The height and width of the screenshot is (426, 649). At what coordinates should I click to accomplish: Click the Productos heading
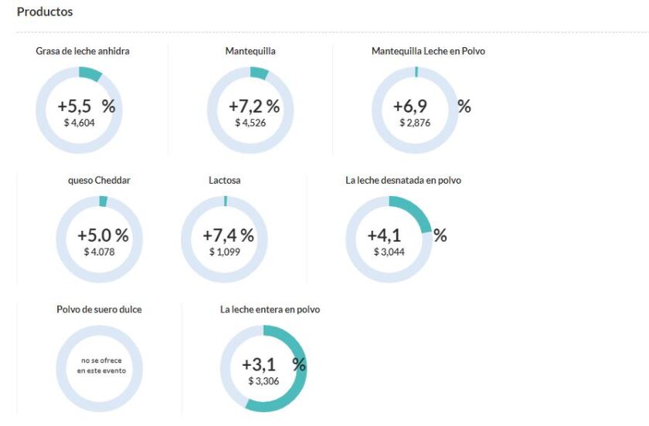(x=45, y=12)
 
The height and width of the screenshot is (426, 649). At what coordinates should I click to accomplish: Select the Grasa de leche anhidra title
(x=83, y=51)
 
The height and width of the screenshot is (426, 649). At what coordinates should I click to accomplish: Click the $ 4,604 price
(x=79, y=122)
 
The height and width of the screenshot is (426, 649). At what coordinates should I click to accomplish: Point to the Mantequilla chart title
(x=250, y=51)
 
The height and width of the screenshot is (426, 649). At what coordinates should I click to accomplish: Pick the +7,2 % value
(x=254, y=106)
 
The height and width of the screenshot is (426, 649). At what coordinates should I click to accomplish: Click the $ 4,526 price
(x=250, y=122)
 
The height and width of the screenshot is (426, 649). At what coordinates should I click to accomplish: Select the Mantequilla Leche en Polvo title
(x=428, y=51)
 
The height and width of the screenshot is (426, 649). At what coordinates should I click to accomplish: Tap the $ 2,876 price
(x=415, y=122)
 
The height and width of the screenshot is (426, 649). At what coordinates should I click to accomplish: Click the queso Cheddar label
(x=99, y=180)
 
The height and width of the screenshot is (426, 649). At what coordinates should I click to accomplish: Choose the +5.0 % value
(x=103, y=235)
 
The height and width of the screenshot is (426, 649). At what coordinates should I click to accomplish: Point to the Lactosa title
(x=224, y=180)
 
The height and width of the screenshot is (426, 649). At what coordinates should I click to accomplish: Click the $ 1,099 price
(x=225, y=252)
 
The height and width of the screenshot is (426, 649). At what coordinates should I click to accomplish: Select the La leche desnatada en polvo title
(x=403, y=180)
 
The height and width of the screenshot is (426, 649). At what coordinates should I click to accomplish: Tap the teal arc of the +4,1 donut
(x=417, y=211)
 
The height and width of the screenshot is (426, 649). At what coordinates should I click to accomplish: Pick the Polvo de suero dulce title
(x=99, y=309)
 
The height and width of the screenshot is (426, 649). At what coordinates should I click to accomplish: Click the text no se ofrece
(x=100, y=360)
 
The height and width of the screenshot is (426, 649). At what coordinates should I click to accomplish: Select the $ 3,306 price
(x=264, y=380)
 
